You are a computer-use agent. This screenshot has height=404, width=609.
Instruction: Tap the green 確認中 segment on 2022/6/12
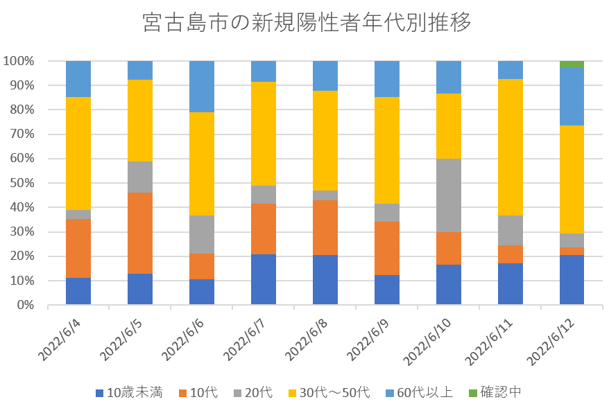coord(572,64)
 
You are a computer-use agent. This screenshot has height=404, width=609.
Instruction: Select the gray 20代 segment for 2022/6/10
coord(448,195)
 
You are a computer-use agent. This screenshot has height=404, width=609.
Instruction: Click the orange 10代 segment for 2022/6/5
coord(140,233)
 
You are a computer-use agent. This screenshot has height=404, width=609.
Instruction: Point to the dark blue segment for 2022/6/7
coord(264,279)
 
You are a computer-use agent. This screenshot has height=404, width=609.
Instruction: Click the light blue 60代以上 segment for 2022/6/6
coord(202,87)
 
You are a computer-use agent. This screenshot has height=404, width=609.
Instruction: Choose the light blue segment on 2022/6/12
coord(572,96)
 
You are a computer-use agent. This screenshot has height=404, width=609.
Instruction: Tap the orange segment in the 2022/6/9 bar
coord(386,248)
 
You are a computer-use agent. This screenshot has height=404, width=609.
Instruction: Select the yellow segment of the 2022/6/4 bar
coord(78,153)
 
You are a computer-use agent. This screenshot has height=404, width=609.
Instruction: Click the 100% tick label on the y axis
coord(19,61)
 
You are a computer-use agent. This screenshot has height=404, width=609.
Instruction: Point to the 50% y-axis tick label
coord(22,183)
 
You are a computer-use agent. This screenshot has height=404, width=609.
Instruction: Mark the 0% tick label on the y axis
coord(24,305)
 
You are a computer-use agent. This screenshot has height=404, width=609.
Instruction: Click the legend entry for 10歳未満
coord(130,393)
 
